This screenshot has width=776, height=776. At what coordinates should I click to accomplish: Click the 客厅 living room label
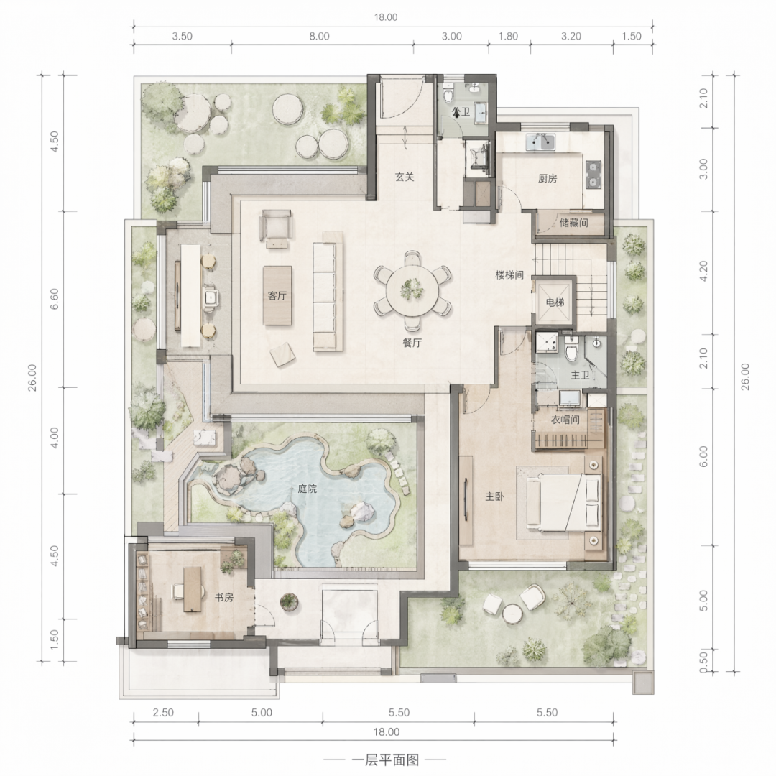277,296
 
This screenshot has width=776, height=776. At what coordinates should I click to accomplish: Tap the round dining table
412,290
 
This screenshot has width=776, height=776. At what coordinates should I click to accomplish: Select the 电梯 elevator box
554,302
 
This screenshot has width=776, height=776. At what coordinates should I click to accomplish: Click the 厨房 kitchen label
548,179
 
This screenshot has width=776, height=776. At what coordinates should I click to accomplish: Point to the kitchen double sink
540,142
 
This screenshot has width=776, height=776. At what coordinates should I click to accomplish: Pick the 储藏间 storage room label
573,223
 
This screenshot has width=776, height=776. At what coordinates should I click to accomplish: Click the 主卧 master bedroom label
494,496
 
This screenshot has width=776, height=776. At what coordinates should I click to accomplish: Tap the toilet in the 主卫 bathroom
571,349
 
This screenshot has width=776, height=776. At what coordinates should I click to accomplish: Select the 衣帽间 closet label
565,420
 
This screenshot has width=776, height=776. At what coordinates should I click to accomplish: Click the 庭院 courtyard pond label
308,489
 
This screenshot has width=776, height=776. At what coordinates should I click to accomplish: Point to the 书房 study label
223,597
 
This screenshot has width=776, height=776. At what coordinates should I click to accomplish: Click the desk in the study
193,589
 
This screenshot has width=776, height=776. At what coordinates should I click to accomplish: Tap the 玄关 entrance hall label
405,177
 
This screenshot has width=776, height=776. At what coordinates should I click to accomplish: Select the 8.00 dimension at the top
319,36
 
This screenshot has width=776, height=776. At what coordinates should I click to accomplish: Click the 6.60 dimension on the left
55,299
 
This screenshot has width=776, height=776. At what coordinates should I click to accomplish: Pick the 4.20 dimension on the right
703,271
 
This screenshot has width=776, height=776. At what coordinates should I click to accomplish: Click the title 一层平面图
385,759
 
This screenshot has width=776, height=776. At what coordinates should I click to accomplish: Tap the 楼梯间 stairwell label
509,274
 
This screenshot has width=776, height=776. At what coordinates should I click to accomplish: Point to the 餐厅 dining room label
412,343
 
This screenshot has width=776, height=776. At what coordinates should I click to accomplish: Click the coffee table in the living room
277,295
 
